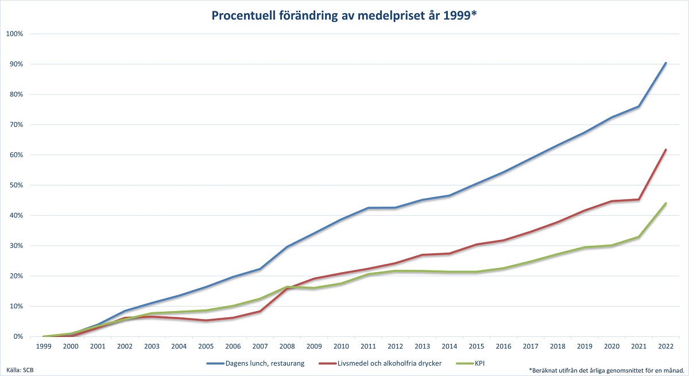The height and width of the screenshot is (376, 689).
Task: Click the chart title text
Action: pos(344,15)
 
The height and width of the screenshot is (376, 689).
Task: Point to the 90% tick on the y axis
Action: pos(14,64)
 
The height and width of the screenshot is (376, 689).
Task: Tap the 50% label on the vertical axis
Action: pos(14,185)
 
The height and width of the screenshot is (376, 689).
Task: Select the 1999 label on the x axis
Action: pos(44,346)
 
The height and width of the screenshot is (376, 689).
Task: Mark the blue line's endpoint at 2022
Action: pos(665,63)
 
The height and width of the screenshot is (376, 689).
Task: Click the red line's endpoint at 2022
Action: pos(665,150)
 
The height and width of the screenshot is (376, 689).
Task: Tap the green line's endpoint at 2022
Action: pos(665,203)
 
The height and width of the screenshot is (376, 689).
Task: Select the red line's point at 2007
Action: pos(260,311)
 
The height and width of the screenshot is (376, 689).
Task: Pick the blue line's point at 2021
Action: pos(638,106)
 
